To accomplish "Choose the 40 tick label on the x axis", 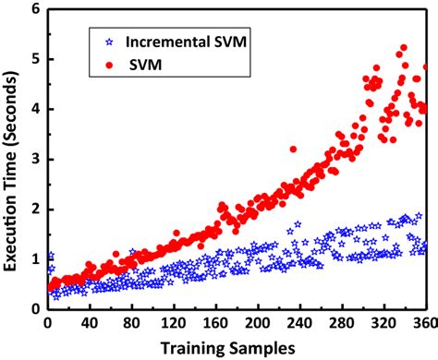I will click(x=89, y=323).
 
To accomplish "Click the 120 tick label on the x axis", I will click(x=173, y=323).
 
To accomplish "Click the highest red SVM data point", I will click(x=403, y=47).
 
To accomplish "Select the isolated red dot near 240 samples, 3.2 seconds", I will click(x=294, y=149).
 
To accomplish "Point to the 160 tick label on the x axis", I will click(x=215, y=323).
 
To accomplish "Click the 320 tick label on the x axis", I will click(x=383, y=323).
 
